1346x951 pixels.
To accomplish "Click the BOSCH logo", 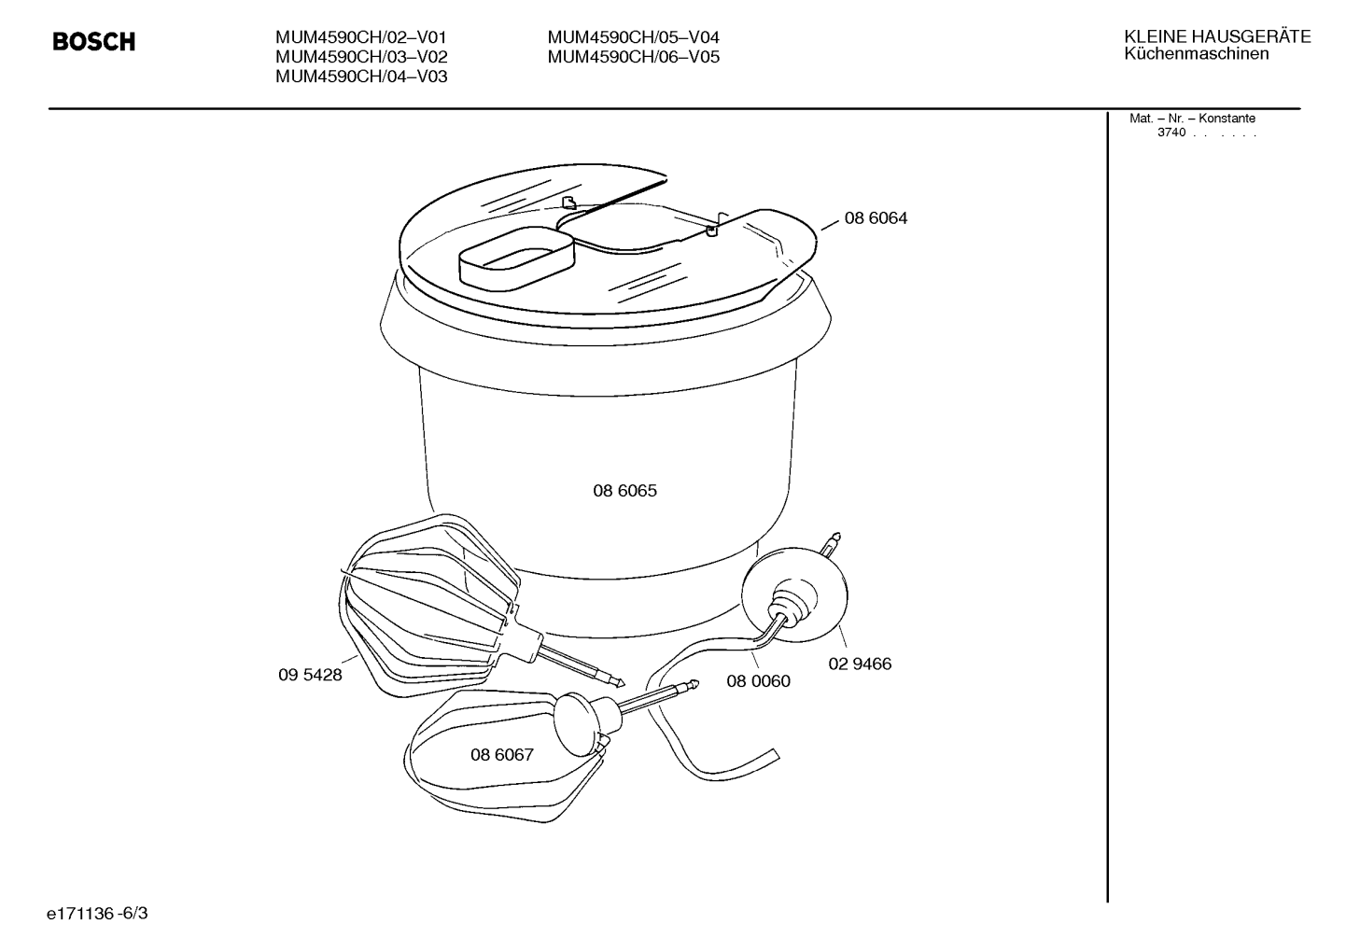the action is (x=93, y=41).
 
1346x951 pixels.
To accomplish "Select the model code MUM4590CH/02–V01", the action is (x=360, y=37).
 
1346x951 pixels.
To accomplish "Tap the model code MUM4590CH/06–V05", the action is (x=634, y=57).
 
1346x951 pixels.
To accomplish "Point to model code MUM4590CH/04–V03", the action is (x=361, y=77).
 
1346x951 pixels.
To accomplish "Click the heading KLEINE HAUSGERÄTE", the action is (x=1217, y=36).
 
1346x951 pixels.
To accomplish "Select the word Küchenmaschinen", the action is (x=1197, y=54).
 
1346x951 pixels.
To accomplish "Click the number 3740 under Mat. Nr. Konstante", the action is (x=1171, y=133).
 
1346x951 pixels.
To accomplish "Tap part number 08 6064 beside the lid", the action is (x=876, y=217).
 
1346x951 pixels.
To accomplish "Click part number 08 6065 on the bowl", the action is (x=625, y=490).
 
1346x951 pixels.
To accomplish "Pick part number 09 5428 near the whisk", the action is (x=310, y=675).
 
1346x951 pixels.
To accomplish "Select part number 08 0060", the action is (x=758, y=680).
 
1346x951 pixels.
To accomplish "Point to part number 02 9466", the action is (x=860, y=664).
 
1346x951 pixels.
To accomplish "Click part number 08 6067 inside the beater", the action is (x=502, y=754).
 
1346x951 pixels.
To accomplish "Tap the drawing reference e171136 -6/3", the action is (x=97, y=914).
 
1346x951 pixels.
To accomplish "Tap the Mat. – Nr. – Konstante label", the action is (x=1192, y=119).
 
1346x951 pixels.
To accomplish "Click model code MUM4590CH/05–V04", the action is (x=634, y=37).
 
